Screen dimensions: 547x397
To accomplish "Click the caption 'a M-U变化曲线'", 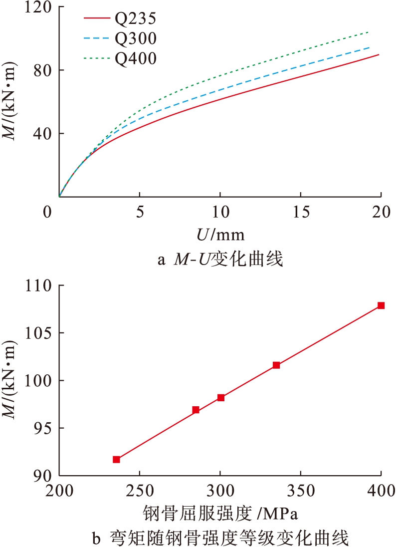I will [x=219, y=260].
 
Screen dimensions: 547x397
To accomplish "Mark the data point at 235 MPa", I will [x=116, y=459].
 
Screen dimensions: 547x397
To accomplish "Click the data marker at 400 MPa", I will [x=381, y=305].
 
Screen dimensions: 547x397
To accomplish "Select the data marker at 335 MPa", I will [x=276, y=365].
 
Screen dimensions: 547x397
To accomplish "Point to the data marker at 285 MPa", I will [x=196, y=410].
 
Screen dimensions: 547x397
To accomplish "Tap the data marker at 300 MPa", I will [x=220, y=398].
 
